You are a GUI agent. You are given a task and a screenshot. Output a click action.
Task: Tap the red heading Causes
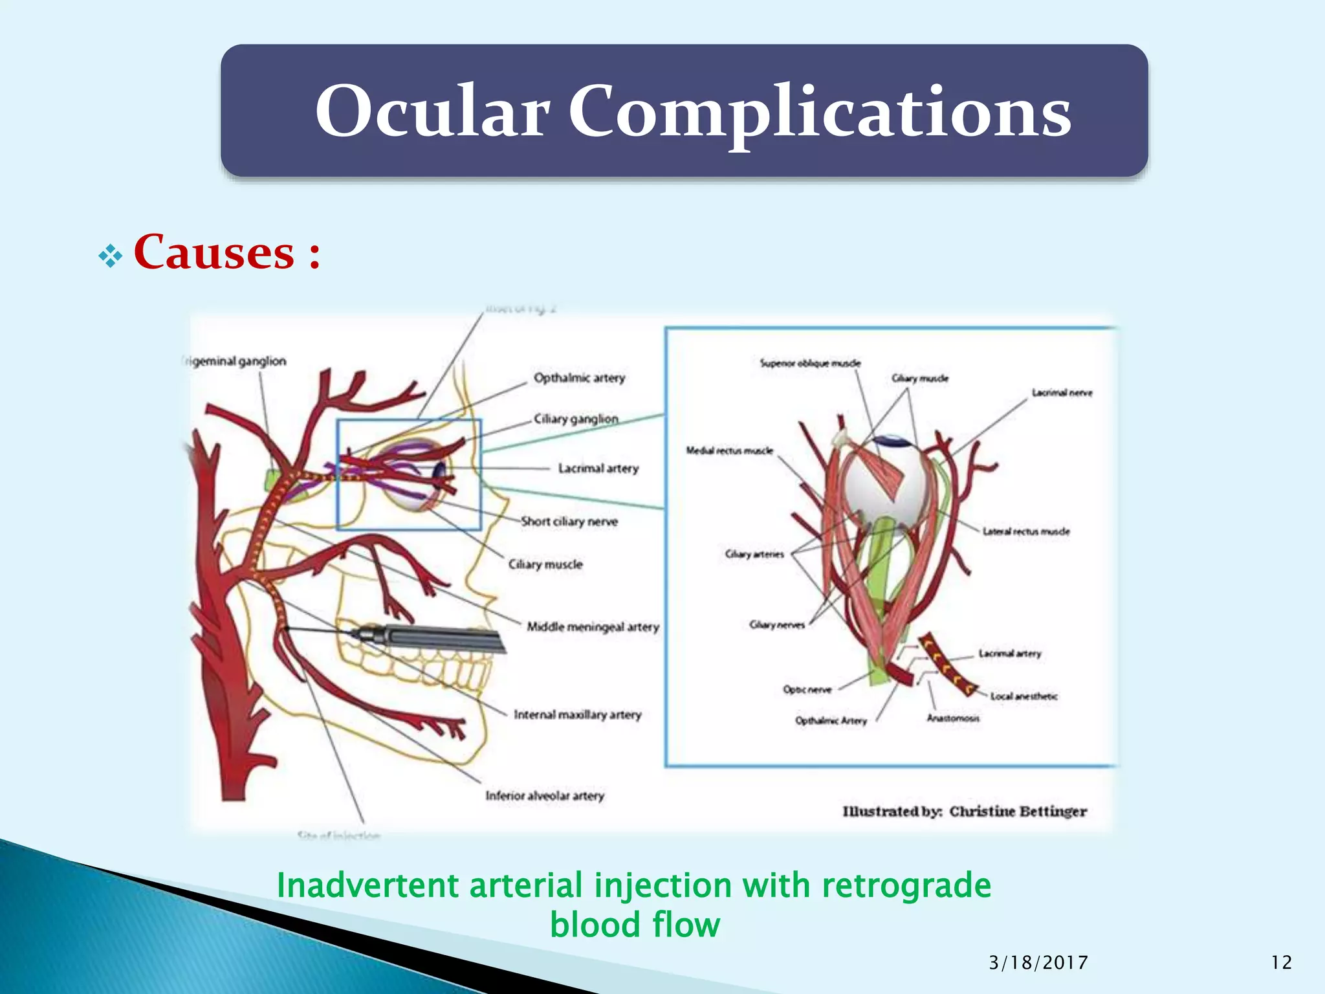point(214,252)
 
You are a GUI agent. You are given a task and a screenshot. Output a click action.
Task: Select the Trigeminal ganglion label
point(234,361)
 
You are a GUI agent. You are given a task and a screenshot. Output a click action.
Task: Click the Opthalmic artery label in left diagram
point(579,378)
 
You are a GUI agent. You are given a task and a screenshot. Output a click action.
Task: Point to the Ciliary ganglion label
point(576,419)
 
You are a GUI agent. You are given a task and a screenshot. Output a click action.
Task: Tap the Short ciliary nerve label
point(569,522)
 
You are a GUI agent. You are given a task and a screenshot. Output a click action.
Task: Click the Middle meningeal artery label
point(593,626)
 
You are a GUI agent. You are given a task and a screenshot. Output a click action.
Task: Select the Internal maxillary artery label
point(577,714)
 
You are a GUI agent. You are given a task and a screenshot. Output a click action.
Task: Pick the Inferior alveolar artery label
point(545,795)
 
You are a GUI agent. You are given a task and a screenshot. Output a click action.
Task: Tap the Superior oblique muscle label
point(810,363)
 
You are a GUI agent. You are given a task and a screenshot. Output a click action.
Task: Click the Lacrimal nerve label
point(1062,393)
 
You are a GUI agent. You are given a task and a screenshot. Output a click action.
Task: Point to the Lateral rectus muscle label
point(1026,531)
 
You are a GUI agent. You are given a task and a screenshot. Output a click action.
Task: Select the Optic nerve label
point(807,689)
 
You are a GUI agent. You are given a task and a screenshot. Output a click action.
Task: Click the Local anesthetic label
point(1024,696)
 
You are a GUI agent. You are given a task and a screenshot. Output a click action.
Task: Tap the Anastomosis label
point(953,718)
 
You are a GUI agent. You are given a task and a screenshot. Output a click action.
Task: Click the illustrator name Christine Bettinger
point(1018,812)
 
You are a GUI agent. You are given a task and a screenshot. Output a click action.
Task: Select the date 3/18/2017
point(1038,963)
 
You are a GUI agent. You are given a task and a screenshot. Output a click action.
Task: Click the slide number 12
point(1281,963)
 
